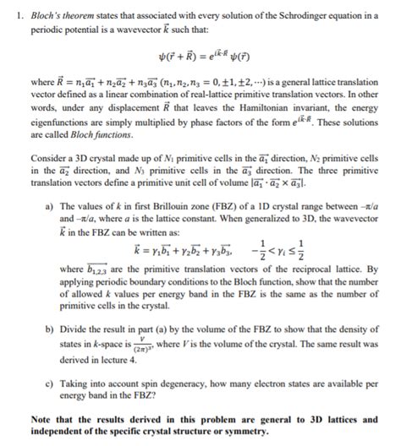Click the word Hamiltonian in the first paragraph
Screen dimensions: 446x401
pyautogui.click(x=263, y=110)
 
